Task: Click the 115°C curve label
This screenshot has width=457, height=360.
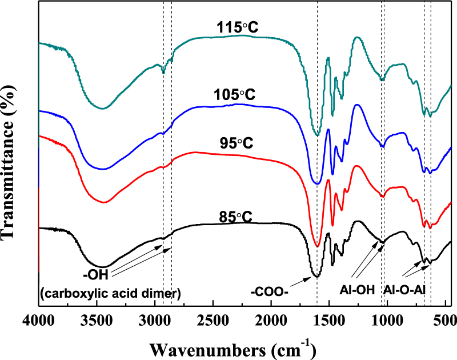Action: (234, 27)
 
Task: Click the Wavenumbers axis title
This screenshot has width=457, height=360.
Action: (236, 346)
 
